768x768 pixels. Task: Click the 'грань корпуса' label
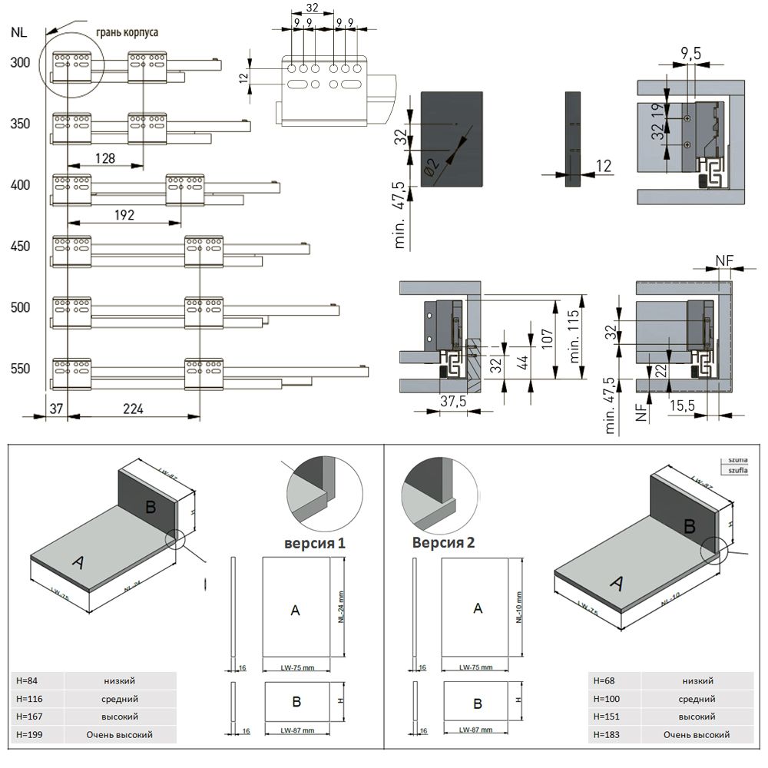pyautogui.click(x=127, y=33)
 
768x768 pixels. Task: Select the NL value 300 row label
pyautogui.click(x=21, y=62)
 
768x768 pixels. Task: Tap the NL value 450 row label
pyautogui.click(x=21, y=247)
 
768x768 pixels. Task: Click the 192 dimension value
pyautogui.click(x=124, y=214)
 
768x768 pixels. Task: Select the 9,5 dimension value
pyautogui.click(x=690, y=53)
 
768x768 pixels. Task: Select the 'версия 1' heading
pyautogui.click(x=314, y=543)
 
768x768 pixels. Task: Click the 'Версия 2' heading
pyautogui.click(x=443, y=542)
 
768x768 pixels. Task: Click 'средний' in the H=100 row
pyautogui.click(x=697, y=699)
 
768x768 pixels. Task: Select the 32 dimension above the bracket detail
pyautogui.click(x=313, y=8)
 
